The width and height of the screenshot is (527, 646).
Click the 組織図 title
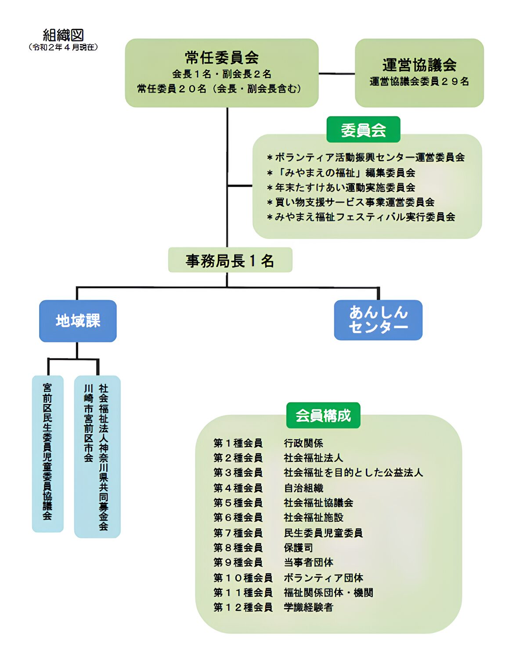point(63,35)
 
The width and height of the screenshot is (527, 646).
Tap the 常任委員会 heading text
point(222,57)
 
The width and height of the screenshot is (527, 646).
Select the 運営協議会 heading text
point(419,65)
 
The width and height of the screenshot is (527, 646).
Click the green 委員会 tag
point(363,130)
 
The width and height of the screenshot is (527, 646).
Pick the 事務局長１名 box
point(230,260)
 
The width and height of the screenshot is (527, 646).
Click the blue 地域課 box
point(78,321)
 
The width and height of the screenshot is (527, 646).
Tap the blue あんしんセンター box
point(378,320)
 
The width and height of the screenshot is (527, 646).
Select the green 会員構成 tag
point(323,415)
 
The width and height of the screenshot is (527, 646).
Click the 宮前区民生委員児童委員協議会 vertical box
point(47,453)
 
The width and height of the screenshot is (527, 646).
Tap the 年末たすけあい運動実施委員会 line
point(342,188)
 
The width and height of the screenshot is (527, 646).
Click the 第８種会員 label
point(238,548)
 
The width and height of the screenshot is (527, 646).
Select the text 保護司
point(299,548)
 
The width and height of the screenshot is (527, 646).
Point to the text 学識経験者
point(309,607)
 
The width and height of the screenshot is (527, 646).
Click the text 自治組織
point(303,488)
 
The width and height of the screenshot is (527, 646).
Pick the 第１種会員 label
point(238,443)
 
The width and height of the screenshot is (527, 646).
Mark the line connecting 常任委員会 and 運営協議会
point(336,73)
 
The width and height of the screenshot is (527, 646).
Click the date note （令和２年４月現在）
point(63,47)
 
